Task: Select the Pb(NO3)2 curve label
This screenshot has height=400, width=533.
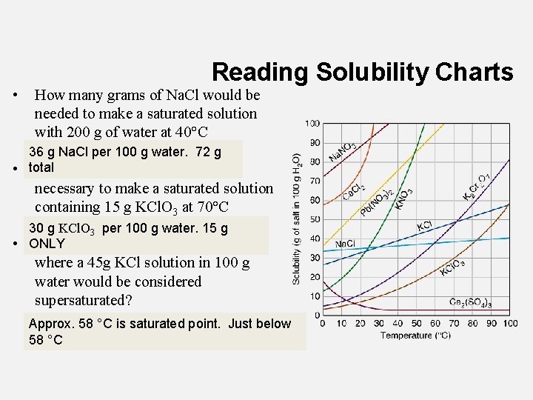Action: [x=377, y=199]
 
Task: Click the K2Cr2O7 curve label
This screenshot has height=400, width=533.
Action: [x=476, y=185]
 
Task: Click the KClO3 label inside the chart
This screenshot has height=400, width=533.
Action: [x=452, y=267]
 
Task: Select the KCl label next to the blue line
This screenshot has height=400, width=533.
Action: [x=424, y=226]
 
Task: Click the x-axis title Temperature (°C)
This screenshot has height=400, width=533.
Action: [x=416, y=336]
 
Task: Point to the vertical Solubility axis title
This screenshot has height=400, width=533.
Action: [x=296, y=219]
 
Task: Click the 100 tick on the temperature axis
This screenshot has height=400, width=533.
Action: [x=510, y=323]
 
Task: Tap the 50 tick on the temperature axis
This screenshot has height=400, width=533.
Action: [x=415, y=323]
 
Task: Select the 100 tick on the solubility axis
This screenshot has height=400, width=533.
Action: [x=312, y=123]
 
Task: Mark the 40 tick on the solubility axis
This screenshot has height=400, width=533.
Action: [x=315, y=239]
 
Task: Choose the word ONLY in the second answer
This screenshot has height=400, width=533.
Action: [x=47, y=244]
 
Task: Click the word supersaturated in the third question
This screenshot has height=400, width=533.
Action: [x=81, y=301]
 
